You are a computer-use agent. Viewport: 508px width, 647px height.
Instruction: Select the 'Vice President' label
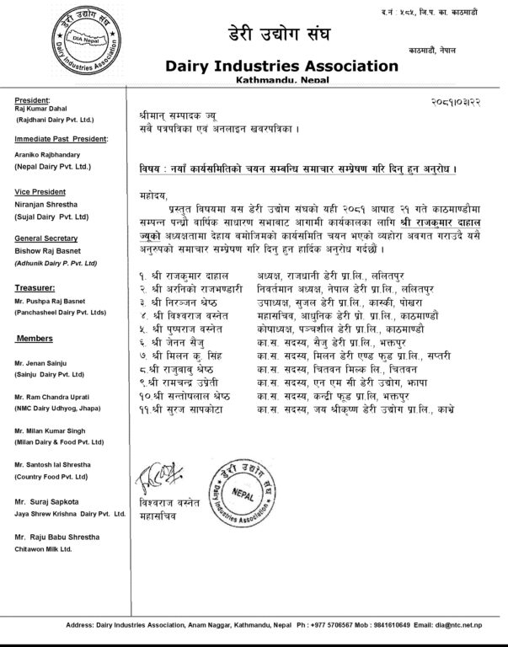click(x=40, y=190)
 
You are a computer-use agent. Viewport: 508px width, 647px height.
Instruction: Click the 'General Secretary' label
click(x=45, y=238)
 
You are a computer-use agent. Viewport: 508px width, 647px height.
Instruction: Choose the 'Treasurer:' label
click(x=35, y=288)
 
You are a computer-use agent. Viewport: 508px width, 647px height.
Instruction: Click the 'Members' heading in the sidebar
click(x=35, y=338)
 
